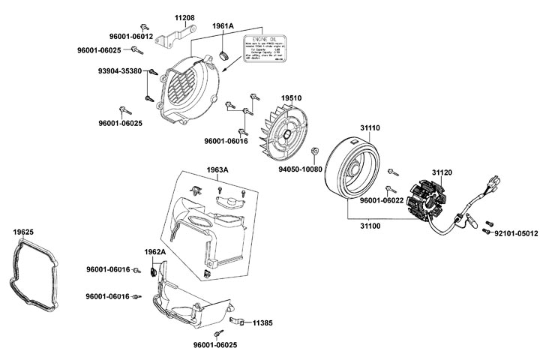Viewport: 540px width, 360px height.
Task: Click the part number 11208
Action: click(x=184, y=16)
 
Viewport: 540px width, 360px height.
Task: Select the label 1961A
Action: click(x=223, y=25)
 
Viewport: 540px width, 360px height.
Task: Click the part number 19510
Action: click(x=291, y=98)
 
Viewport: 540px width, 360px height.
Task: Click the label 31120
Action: click(x=442, y=172)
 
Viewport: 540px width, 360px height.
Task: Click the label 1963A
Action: click(x=217, y=169)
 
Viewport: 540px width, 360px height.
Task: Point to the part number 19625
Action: click(x=23, y=232)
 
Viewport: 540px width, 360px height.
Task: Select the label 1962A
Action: click(x=154, y=251)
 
